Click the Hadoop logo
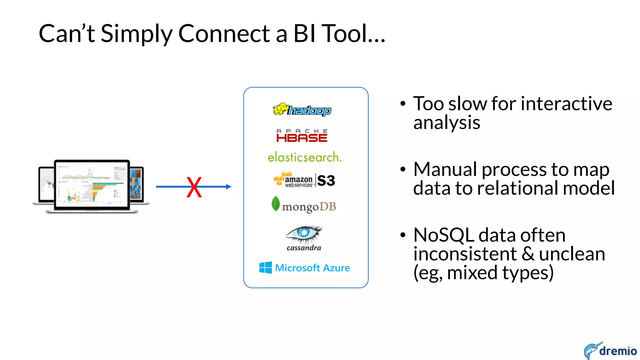point(302,110)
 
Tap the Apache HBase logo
point(302,136)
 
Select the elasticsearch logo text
point(304,157)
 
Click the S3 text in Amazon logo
point(326,181)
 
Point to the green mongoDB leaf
point(275,203)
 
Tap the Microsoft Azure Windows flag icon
point(265,267)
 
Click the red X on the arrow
point(194,187)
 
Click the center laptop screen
point(92,184)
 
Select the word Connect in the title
point(224,33)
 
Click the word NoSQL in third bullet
point(443,235)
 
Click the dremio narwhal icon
point(591,350)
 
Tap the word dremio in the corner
point(618,351)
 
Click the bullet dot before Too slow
point(403,104)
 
